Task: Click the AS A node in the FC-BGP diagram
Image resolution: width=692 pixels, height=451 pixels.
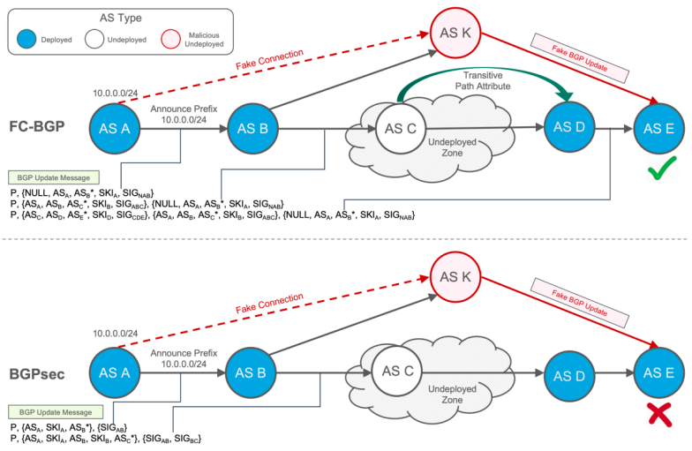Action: pos(114,129)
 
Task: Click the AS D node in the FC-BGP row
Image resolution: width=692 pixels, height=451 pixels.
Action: pos(568,127)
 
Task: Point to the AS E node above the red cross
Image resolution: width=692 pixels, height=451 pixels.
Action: pos(657,373)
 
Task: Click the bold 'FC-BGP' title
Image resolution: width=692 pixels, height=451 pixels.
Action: pos(36,129)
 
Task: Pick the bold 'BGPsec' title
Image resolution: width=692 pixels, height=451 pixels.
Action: pos(36,373)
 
